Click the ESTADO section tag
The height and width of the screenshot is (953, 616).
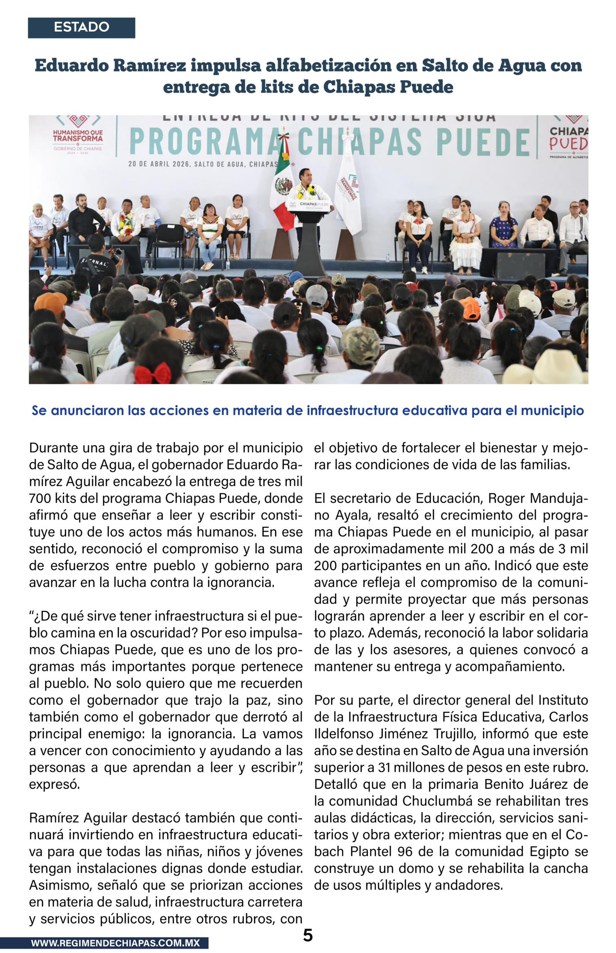click(x=81, y=27)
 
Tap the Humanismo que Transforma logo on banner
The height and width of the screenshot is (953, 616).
click(x=78, y=134)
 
